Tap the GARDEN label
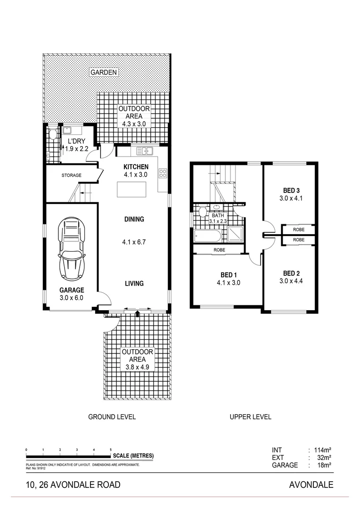coord(104,73)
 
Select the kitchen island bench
coord(132,190)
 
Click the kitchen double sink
coord(145,151)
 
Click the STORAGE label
coord(71,175)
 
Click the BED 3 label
coord(291,190)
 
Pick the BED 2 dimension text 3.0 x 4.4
coord(291,281)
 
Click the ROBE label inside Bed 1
coord(219,250)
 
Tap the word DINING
coord(134,219)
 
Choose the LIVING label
coord(134,284)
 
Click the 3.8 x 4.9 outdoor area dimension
coord(137,368)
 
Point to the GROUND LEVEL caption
coord(112,417)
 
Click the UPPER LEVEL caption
coord(250,417)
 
